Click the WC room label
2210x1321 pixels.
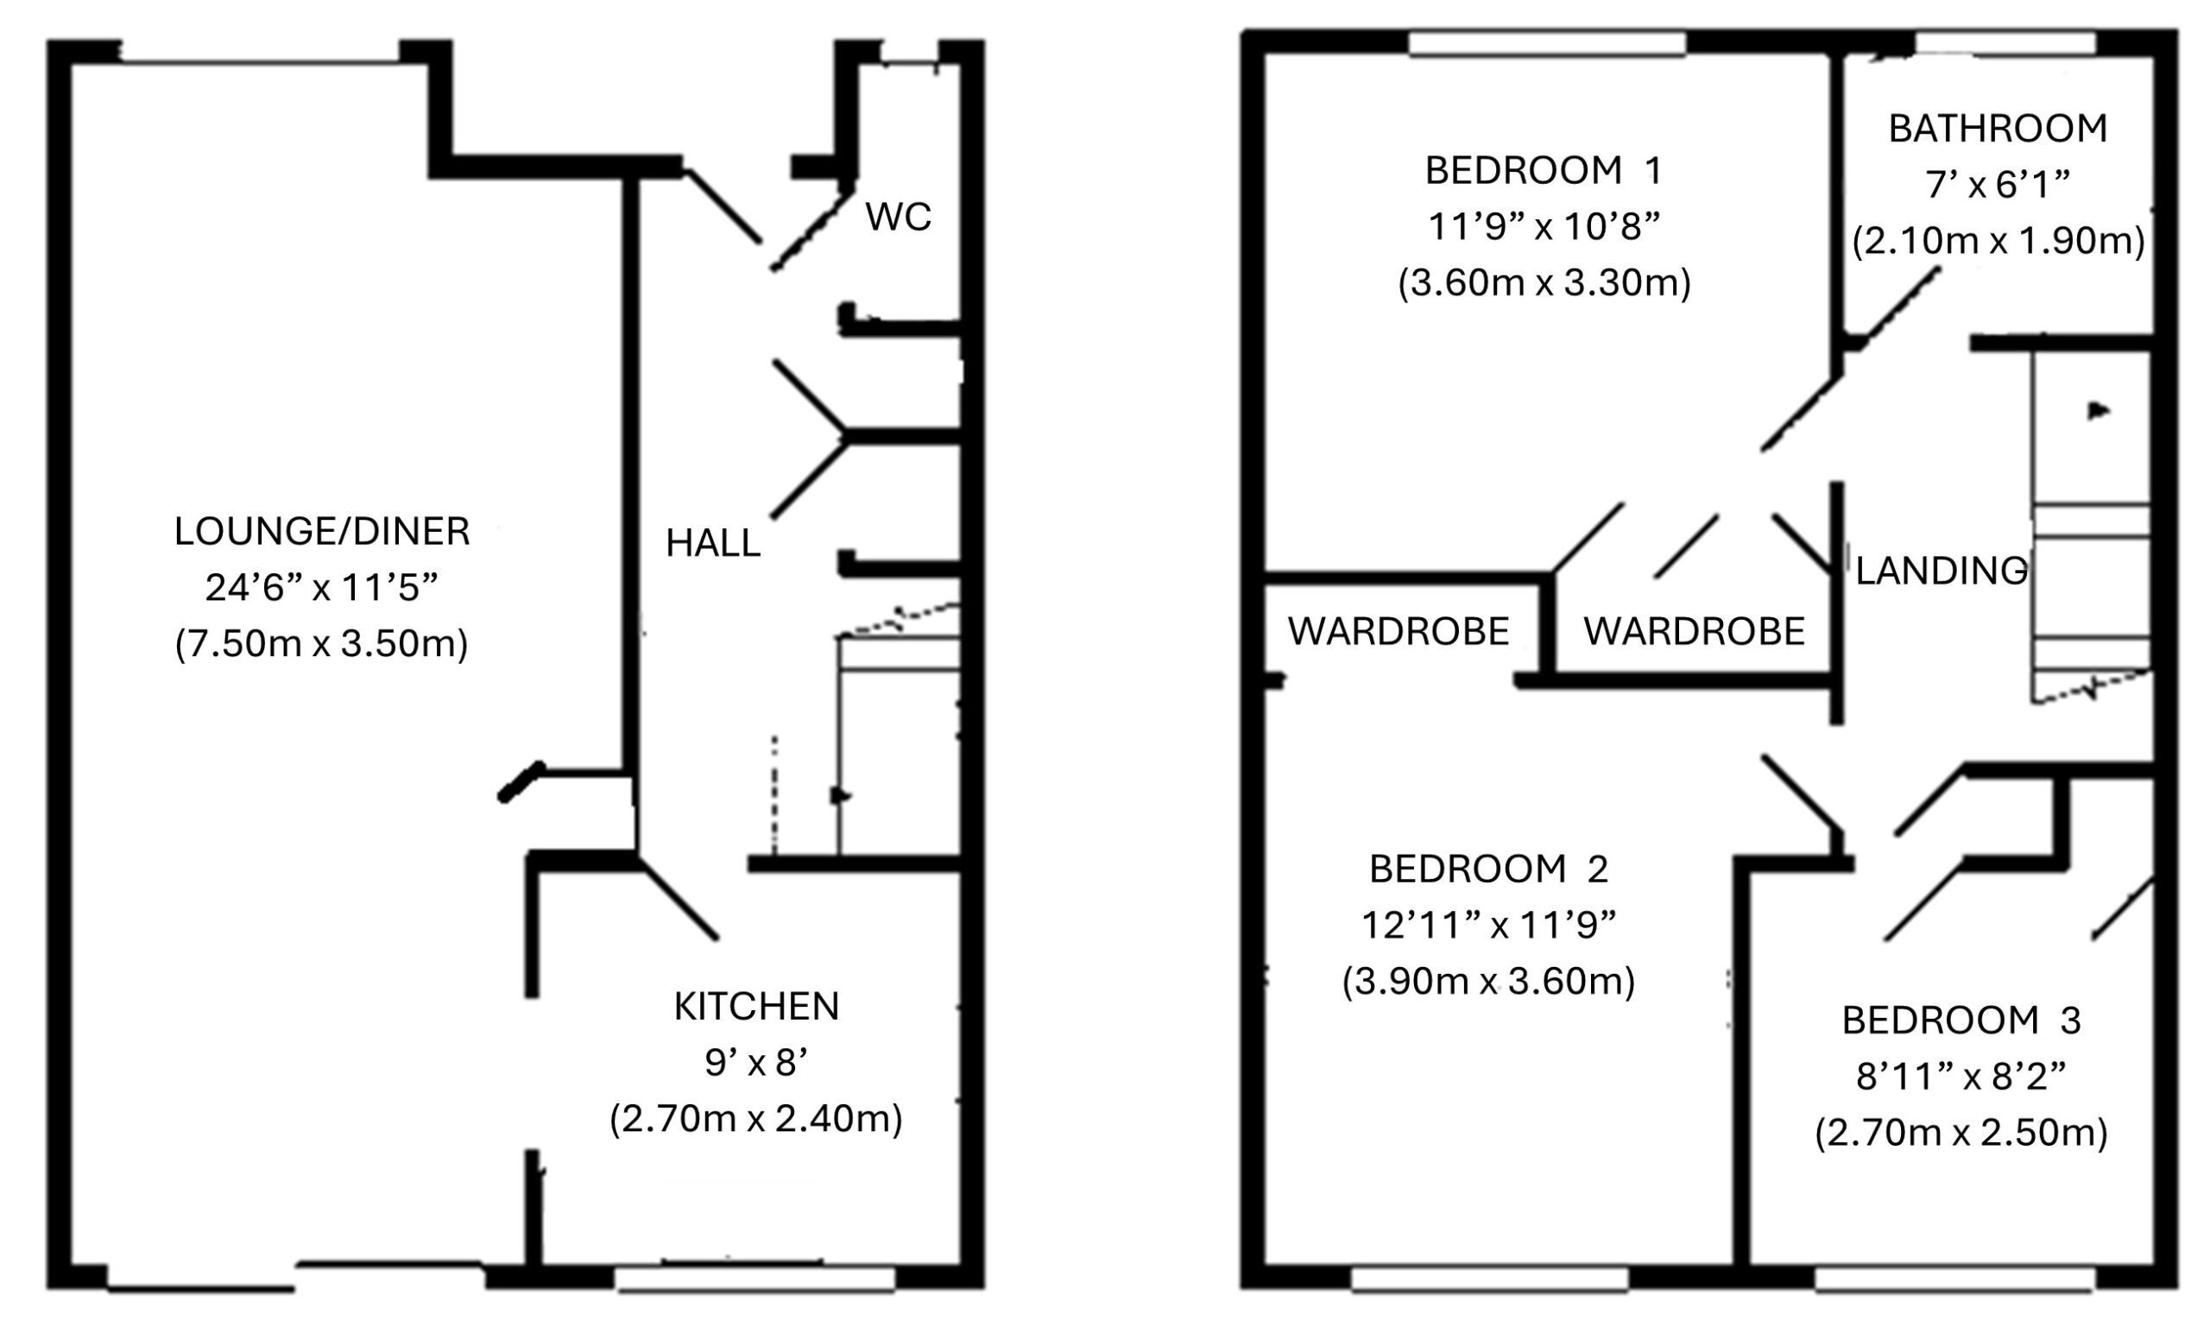(x=898, y=217)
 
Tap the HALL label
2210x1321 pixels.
(x=713, y=543)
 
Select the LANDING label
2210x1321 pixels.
(x=1942, y=571)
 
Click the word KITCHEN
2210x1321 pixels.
(x=756, y=1007)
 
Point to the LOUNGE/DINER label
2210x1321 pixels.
(x=321, y=532)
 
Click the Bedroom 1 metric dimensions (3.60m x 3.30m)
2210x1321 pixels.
(x=1544, y=283)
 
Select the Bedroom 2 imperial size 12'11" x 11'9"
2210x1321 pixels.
(x=1488, y=925)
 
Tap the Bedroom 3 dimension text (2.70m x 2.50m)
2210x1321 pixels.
(x=1961, y=1133)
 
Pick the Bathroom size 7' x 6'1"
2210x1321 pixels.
(x=1998, y=185)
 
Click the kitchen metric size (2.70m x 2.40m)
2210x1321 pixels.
(x=755, y=1119)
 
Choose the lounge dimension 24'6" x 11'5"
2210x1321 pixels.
(x=321, y=587)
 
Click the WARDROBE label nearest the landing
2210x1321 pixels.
(x=1694, y=631)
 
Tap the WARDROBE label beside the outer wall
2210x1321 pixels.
(x=1399, y=631)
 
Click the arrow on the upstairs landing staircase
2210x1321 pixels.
(x=2099, y=410)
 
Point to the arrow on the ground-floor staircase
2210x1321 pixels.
(x=840, y=795)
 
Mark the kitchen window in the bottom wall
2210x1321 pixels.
(x=755, y=1280)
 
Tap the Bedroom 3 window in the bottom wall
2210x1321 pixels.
(x=1954, y=1280)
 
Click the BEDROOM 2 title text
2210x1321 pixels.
(x=1488, y=869)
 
